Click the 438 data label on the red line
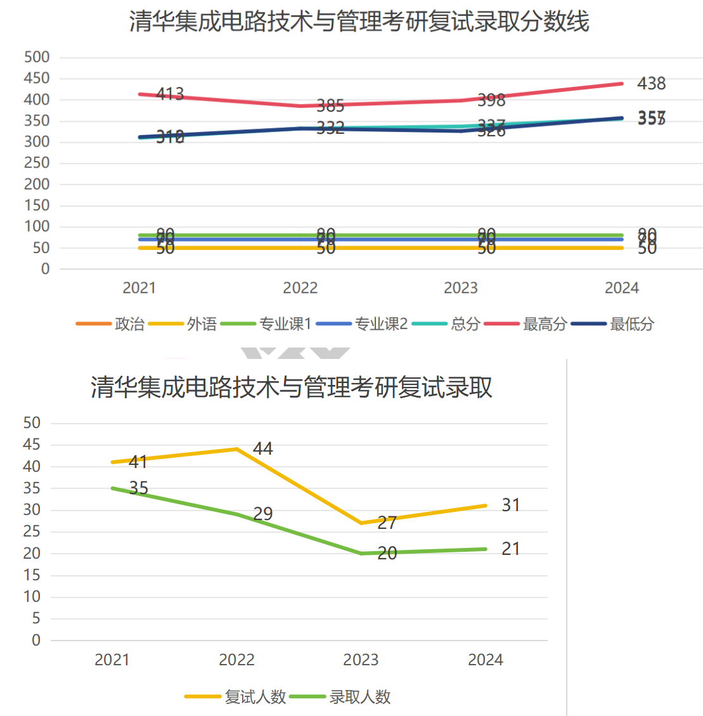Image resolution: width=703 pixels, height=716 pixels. [x=651, y=84]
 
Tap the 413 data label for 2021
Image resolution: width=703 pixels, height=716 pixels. [x=170, y=94]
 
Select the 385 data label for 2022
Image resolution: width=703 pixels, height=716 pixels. [x=330, y=105]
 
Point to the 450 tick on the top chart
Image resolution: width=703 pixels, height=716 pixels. [x=37, y=78]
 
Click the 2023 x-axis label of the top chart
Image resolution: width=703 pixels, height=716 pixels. [x=461, y=288]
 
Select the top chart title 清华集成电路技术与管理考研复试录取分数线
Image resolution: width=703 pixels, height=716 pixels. [x=359, y=22]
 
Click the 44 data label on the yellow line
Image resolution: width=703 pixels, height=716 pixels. [x=262, y=449]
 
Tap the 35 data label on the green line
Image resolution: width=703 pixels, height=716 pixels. [x=138, y=488]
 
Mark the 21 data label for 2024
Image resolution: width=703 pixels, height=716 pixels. [x=510, y=549]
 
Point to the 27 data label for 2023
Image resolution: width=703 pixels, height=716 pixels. [x=387, y=523]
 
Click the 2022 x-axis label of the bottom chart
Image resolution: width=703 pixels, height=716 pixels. [x=236, y=660]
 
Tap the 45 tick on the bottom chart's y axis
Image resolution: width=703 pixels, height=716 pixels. [x=32, y=445]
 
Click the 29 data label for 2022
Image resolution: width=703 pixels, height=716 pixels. [x=262, y=513]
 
